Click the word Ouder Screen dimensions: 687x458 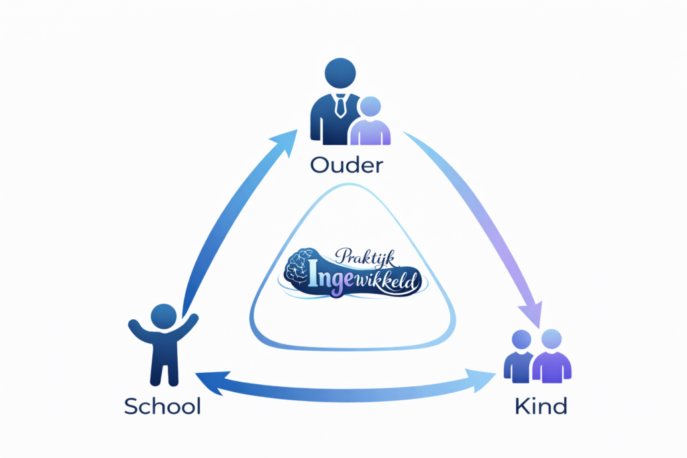(346, 166)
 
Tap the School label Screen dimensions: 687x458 (162, 406)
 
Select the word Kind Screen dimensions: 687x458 (541, 406)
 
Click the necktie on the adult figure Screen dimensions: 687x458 (340, 105)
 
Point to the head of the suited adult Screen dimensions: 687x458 (340, 73)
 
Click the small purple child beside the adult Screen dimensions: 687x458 (370, 121)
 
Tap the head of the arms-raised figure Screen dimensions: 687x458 (164, 317)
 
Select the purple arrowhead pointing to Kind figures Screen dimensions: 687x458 (531, 314)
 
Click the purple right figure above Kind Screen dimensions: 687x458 (551, 356)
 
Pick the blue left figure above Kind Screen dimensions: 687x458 (520, 357)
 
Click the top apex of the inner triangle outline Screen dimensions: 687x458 (349, 185)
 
